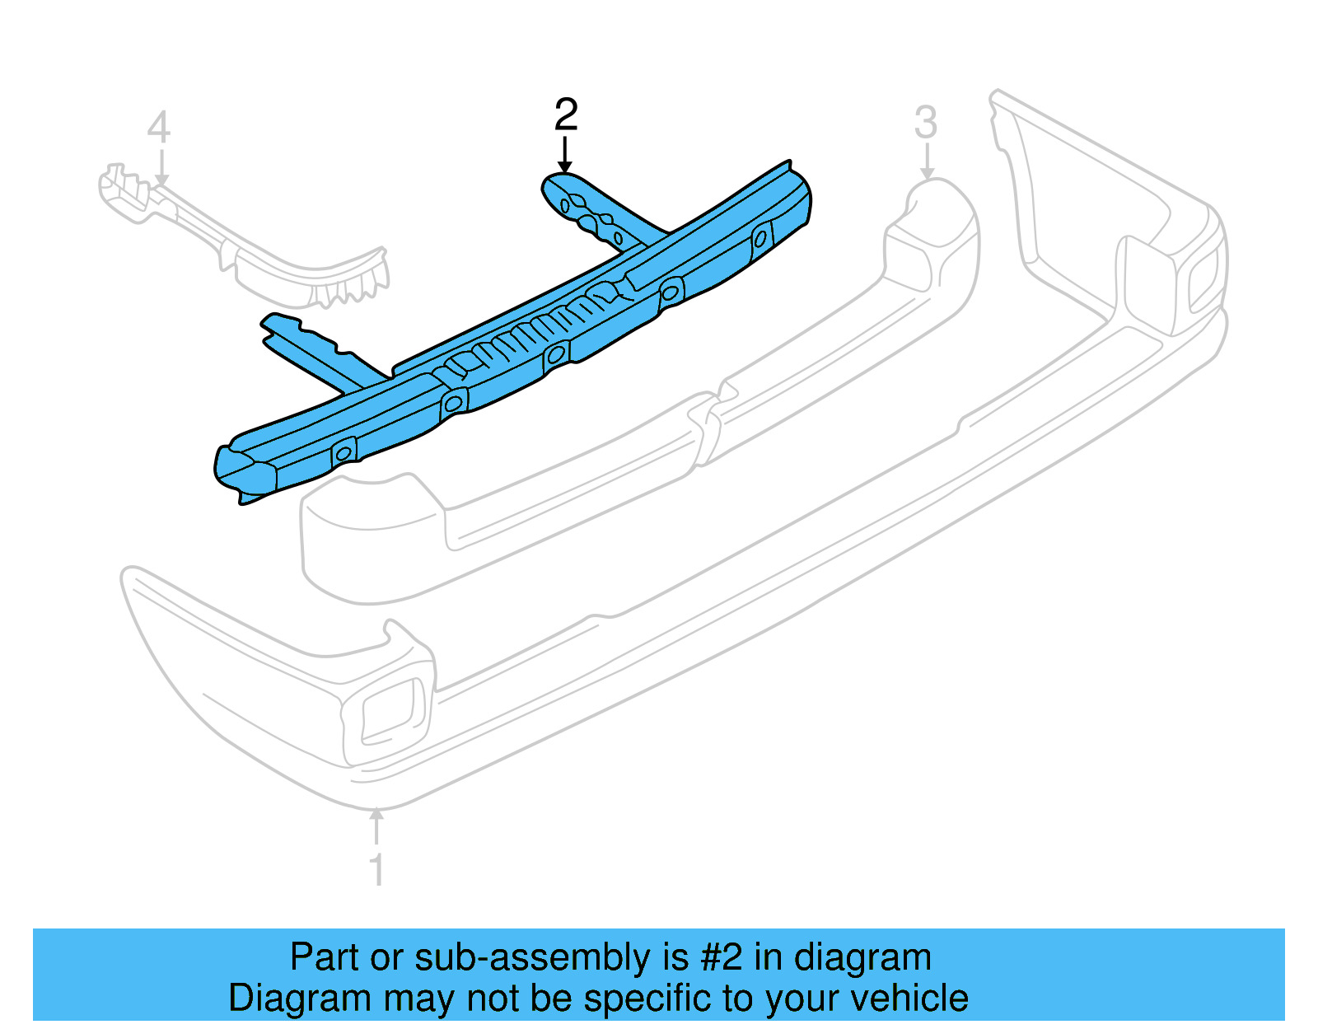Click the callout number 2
coord(565,115)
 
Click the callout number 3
coord(926,123)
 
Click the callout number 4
coord(159,128)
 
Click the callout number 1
coord(376,869)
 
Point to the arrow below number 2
coord(565,155)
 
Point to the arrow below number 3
coord(926,161)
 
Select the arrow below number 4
coord(161,167)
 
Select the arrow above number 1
coord(376,826)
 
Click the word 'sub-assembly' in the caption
coord(551,957)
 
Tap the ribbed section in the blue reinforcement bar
coord(534,327)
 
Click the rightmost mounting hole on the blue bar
coord(760,238)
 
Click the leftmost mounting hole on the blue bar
coord(344,452)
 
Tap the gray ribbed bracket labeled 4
coord(243,236)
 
